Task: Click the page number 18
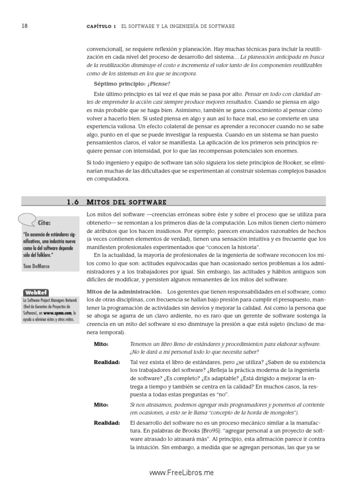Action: point(24,26)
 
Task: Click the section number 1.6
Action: point(74,202)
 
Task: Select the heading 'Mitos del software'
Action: point(127,202)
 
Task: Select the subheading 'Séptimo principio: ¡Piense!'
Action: point(125,84)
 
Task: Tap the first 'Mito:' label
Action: point(101,344)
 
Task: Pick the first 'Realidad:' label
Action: point(106,362)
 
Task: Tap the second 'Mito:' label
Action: point(101,405)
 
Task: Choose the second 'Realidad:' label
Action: point(106,423)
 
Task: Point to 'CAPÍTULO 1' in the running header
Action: point(101,27)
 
